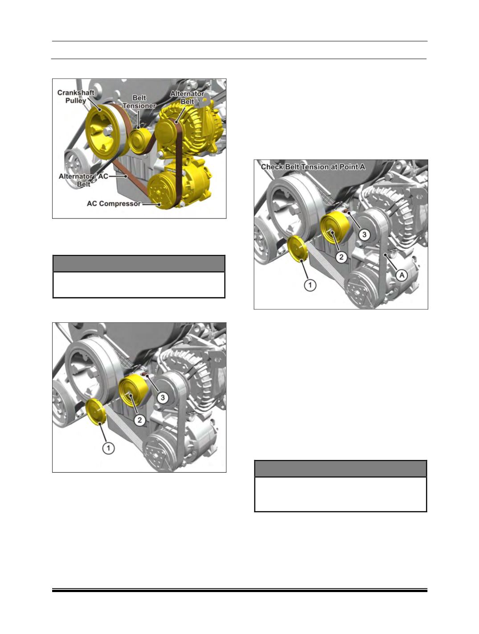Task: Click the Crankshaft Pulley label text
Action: pos(76,96)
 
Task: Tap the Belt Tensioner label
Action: pos(139,102)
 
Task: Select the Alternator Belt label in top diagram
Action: pos(187,98)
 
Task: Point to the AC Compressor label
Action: pos(114,204)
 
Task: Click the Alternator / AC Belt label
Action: pos(83,180)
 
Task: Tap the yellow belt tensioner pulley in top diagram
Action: pos(139,141)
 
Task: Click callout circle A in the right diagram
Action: pos(401,275)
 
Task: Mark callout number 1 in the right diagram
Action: pos(310,285)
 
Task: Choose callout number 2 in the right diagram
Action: pos(341,257)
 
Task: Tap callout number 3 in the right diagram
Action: pos(364,235)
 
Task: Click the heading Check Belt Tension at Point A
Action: pos(313,167)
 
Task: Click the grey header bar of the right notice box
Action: pos(340,469)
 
